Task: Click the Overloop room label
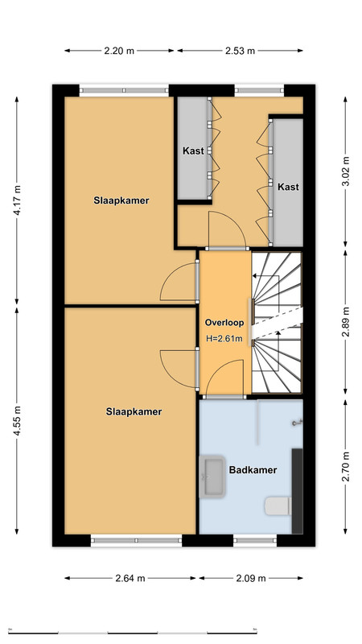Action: click(x=224, y=323)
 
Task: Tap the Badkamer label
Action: click(x=253, y=470)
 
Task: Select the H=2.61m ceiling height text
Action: click(x=224, y=339)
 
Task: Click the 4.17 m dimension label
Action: click(x=17, y=200)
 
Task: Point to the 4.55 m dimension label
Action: click(x=17, y=420)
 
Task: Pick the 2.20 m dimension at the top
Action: click(x=119, y=51)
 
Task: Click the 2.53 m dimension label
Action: click(x=240, y=51)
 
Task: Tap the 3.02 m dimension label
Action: click(x=346, y=171)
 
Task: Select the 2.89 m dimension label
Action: click(x=346, y=321)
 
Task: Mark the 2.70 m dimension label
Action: click(x=346, y=466)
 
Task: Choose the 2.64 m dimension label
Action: click(x=130, y=578)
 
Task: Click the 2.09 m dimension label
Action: click(x=251, y=578)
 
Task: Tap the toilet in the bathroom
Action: click(x=278, y=506)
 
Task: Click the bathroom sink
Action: click(x=212, y=477)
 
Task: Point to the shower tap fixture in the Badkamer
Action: click(x=297, y=422)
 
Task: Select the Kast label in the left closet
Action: click(x=193, y=151)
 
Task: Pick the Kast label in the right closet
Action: click(x=288, y=187)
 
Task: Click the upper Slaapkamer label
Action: click(x=121, y=200)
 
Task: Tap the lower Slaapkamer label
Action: click(x=134, y=412)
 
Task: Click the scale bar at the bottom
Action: click(x=132, y=632)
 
